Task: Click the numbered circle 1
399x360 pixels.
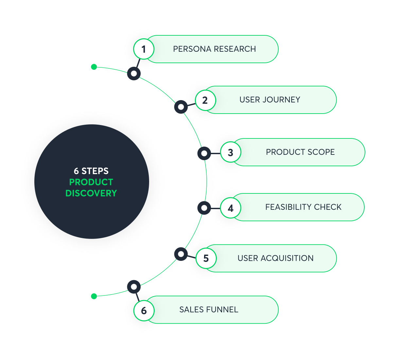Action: click(x=144, y=49)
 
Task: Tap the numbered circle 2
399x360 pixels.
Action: click(x=205, y=100)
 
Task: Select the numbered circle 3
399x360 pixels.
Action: click(x=231, y=152)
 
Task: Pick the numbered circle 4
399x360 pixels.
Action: click(x=231, y=208)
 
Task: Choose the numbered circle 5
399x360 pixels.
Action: click(x=206, y=258)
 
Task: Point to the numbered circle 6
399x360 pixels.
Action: click(x=144, y=311)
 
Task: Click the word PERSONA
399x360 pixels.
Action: click(x=192, y=49)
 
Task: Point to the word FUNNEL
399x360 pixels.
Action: click(x=222, y=310)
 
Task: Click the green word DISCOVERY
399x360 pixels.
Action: click(x=91, y=193)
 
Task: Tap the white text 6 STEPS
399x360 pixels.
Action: click(x=91, y=171)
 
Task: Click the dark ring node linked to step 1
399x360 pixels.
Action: click(x=134, y=73)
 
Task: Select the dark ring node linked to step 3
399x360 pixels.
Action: click(x=204, y=153)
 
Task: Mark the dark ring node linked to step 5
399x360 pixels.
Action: click(x=181, y=254)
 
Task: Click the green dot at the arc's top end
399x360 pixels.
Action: click(x=94, y=67)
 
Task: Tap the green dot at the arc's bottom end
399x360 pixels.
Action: click(x=94, y=296)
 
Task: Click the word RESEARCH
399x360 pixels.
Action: click(x=234, y=49)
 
